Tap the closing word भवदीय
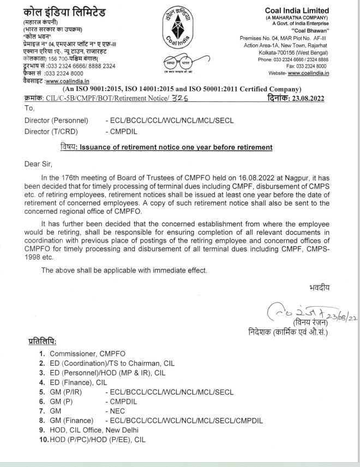(x=319, y=287)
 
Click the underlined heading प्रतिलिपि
(x=41, y=341)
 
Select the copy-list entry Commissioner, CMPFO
(x=79, y=354)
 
